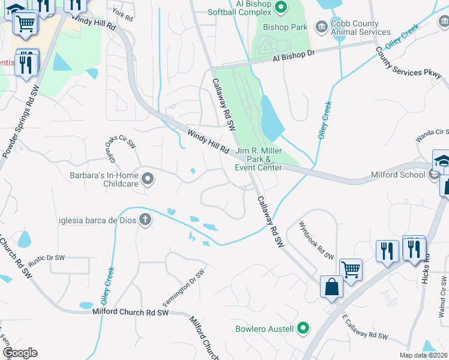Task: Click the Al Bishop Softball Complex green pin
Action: point(281,5)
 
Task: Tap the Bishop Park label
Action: point(286,27)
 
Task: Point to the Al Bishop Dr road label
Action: point(294,56)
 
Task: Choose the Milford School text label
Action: point(399,175)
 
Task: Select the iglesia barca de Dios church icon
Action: point(144,220)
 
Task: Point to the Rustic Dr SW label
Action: point(46,257)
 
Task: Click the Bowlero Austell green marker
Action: point(303,328)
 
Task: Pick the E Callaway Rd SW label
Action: point(365,327)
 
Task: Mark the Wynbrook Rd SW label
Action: point(316,240)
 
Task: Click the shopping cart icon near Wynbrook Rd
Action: point(351,269)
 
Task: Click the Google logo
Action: point(19,352)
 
